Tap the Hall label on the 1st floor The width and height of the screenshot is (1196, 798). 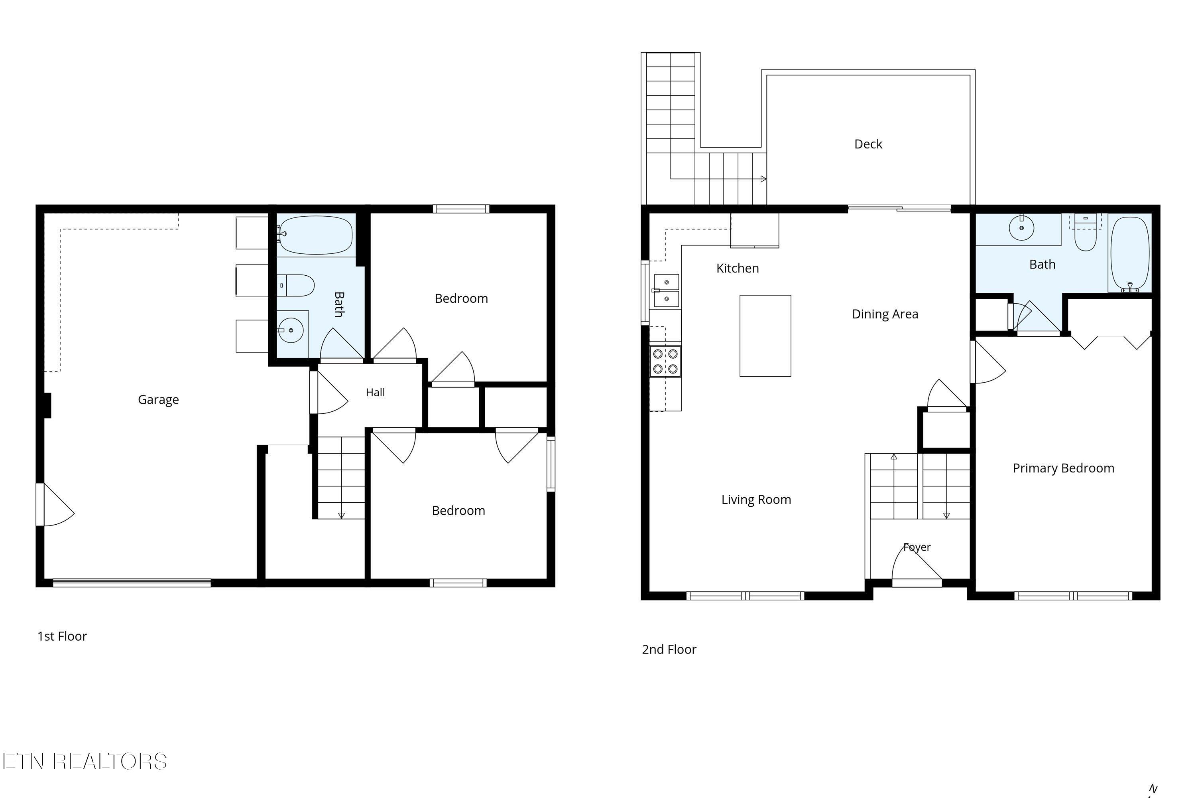(x=375, y=392)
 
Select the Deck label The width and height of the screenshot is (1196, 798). (x=868, y=144)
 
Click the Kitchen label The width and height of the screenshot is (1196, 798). (x=737, y=268)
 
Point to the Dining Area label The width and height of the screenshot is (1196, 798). (x=885, y=314)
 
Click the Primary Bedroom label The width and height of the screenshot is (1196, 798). (x=1063, y=468)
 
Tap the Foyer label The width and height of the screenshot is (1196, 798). (x=917, y=547)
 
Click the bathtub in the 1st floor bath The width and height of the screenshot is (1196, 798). (x=316, y=235)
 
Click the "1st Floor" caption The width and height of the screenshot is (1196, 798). (x=62, y=636)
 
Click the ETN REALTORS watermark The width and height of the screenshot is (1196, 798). (x=85, y=761)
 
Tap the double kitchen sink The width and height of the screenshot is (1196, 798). (x=666, y=290)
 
